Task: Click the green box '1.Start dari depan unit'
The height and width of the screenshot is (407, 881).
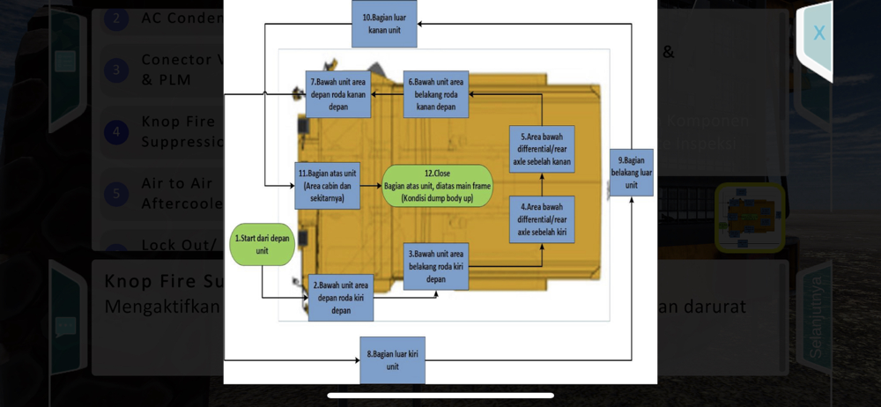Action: point(262,244)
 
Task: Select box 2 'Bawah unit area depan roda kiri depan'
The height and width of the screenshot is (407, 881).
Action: point(340,297)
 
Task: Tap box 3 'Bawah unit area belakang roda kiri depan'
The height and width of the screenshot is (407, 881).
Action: point(435,266)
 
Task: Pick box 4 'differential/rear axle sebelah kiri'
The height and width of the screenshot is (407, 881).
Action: point(541,219)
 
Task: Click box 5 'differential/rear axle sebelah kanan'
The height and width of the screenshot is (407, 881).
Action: point(541,149)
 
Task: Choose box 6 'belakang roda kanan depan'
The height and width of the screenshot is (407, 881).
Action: point(435,94)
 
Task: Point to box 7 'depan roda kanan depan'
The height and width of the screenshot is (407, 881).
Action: point(337,94)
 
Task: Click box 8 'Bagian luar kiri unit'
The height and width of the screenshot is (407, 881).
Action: point(392,359)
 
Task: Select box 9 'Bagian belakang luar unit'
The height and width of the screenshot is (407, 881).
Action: point(631,173)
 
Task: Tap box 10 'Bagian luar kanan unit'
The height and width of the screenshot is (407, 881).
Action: point(384,23)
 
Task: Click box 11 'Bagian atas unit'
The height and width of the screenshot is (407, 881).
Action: point(327,185)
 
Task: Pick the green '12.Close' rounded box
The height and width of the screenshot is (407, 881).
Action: point(436,185)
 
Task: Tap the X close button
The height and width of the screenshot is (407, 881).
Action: point(818,33)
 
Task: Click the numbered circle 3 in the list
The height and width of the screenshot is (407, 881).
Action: point(116,70)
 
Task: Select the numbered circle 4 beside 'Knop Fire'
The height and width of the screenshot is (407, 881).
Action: point(116,132)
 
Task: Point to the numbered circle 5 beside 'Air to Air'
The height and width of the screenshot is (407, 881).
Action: point(116,193)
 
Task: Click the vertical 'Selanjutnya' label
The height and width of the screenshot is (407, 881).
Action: point(815,317)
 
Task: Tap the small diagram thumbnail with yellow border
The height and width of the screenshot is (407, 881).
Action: point(749,218)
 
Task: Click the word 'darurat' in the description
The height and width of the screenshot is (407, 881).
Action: point(714,307)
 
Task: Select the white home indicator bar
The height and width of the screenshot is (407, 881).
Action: point(440,396)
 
